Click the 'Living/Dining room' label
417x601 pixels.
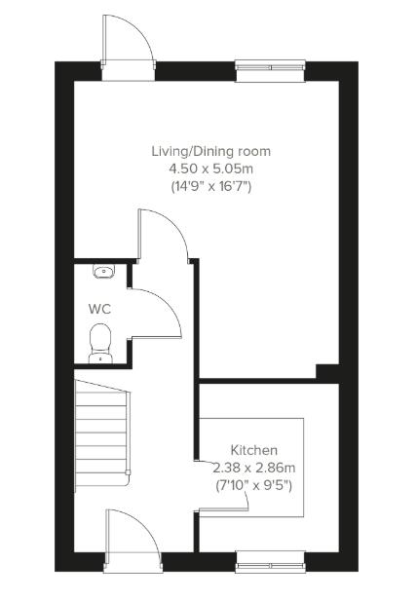(210, 151)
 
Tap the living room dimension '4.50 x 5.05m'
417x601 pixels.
(210, 169)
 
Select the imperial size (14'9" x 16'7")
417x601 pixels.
(210, 185)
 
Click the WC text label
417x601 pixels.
(99, 309)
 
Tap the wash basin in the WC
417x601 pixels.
(103, 272)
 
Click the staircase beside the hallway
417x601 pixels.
(101, 429)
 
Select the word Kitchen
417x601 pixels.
(253, 450)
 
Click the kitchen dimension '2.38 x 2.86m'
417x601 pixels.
(253, 468)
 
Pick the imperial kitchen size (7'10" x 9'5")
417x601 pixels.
(253, 484)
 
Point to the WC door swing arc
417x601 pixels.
(157, 312)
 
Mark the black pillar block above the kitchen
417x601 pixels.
(327, 373)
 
